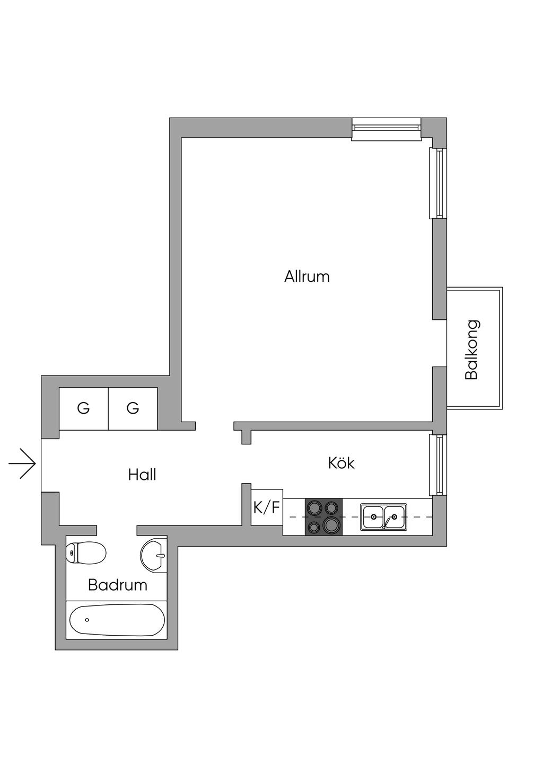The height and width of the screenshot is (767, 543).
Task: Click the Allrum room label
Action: [x=306, y=277]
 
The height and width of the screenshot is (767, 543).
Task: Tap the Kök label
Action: [x=341, y=463]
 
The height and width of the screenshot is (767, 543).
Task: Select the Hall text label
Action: [x=142, y=475]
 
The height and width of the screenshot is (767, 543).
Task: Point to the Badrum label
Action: [x=117, y=585]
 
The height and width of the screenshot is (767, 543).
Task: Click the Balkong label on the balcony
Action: [x=471, y=350]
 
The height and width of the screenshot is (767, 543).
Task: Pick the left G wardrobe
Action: [x=83, y=408]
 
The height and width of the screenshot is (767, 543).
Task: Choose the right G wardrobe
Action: [x=133, y=408]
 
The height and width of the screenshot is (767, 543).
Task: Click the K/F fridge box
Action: [x=266, y=507]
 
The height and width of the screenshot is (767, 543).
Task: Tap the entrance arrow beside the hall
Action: [x=22, y=463]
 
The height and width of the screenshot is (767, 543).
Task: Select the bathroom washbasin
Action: [x=153, y=555]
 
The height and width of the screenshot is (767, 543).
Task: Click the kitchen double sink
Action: [x=384, y=516]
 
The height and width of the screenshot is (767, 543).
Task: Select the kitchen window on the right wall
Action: [x=439, y=465]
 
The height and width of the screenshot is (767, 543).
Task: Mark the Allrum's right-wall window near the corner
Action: [x=439, y=183]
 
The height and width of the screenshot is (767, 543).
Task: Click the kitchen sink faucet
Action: [x=387, y=523]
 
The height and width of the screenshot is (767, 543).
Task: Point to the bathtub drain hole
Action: [x=87, y=620]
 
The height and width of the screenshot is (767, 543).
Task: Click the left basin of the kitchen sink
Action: [x=374, y=516]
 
